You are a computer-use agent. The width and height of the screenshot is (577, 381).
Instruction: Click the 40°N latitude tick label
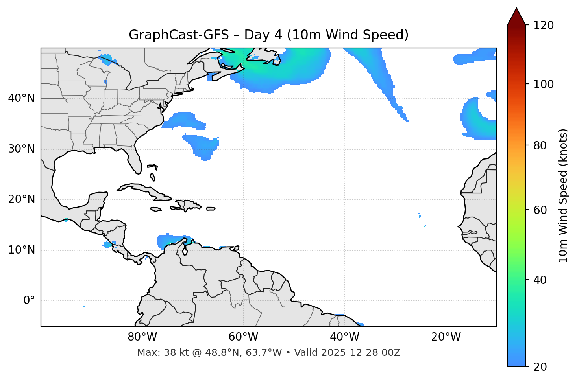pyautogui.click(x=21, y=98)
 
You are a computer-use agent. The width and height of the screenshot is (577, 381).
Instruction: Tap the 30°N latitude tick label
pyautogui.click(x=21, y=149)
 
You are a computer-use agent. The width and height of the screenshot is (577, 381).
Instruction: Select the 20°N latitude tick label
pyautogui.click(x=21, y=199)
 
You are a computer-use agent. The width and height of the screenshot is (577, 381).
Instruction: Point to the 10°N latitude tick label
pyautogui.click(x=21, y=250)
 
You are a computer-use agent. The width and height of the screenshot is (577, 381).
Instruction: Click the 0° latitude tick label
pyautogui.click(x=29, y=301)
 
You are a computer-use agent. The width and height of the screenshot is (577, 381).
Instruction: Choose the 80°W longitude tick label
pyautogui.click(x=142, y=337)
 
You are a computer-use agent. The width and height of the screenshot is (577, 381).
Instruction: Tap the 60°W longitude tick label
pyautogui.click(x=243, y=337)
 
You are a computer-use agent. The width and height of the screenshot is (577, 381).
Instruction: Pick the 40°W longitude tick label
pyautogui.click(x=344, y=337)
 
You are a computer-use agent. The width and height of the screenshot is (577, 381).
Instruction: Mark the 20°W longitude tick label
pyautogui.click(x=446, y=337)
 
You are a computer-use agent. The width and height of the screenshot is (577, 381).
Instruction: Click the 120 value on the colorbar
pyautogui.click(x=544, y=26)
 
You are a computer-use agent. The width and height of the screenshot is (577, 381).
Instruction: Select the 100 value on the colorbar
pyautogui.click(x=544, y=84)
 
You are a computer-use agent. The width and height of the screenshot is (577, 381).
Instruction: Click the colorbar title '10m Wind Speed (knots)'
pyautogui.click(x=563, y=195)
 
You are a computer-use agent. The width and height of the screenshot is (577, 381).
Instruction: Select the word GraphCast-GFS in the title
pyautogui.click(x=179, y=35)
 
